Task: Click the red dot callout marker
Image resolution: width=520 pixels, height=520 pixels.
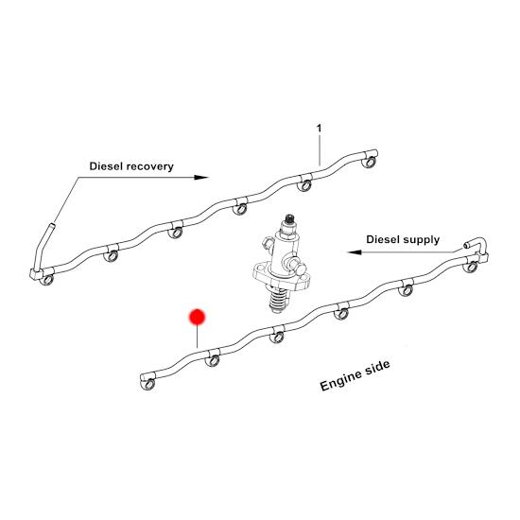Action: [198, 317]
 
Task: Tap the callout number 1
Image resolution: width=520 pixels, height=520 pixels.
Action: [319, 129]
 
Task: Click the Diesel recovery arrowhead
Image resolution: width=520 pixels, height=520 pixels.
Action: [201, 177]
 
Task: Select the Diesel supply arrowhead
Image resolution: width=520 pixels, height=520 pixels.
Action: [355, 252]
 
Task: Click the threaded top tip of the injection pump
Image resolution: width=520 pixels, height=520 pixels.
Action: [290, 218]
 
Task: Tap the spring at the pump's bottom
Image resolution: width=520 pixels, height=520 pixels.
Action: [277, 301]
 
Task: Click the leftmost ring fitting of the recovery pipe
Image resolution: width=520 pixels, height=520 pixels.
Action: [46, 280]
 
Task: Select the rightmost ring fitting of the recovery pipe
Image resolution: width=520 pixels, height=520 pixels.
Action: [369, 163]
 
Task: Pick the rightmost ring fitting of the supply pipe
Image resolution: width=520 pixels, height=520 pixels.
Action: [470, 267]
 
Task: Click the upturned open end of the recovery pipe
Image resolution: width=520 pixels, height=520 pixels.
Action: [51, 226]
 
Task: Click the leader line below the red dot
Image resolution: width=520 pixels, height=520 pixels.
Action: [197, 337]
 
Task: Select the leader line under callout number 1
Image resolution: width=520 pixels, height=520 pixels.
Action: [320, 150]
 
